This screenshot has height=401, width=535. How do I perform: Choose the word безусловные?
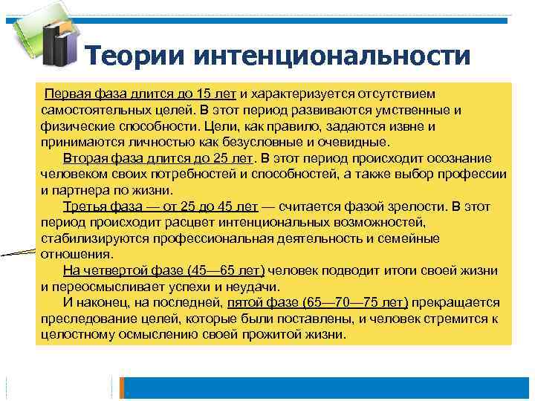[259, 143]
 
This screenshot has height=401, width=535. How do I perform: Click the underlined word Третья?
[85, 206]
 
